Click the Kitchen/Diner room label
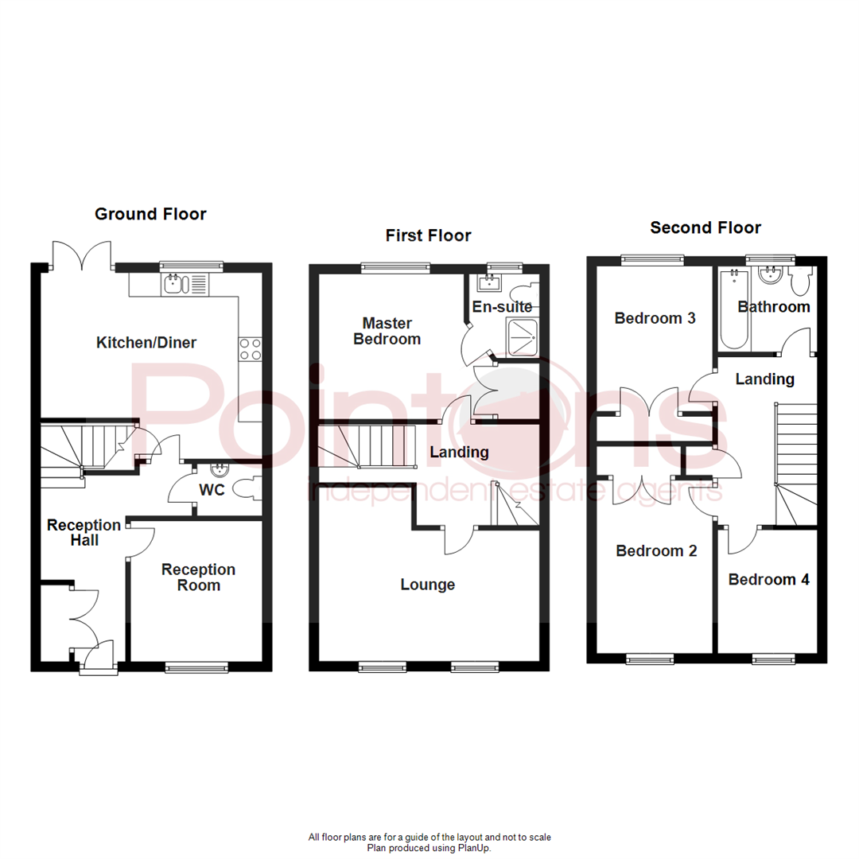click(146, 343)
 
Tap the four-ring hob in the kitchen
click(251, 349)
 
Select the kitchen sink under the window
click(185, 284)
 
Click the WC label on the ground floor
click(212, 490)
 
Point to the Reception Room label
click(198, 577)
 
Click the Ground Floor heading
click(150, 214)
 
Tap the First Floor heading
click(428, 235)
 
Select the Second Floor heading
click(705, 228)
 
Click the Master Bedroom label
click(387, 331)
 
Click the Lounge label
click(428, 585)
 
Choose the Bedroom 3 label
click(655, 318)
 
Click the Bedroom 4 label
click(769, 580)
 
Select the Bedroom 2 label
click(657, 550)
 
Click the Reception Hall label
click(84, 533)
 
